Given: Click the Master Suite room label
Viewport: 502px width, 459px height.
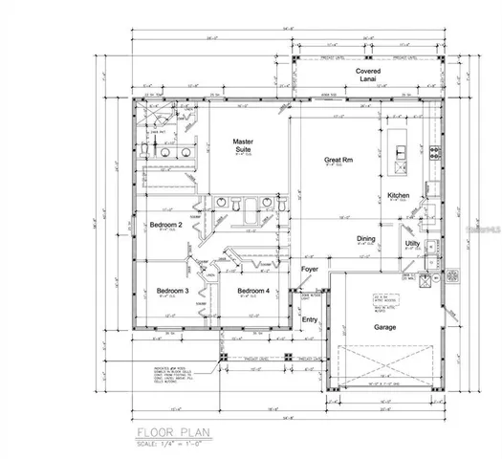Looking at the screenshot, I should (x=242, y=145).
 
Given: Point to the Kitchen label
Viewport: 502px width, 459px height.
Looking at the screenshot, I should (x=399, y=196).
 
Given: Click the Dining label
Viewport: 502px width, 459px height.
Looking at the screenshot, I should (x=365, y=239).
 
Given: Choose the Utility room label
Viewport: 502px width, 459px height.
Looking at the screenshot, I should (x=412, y=245).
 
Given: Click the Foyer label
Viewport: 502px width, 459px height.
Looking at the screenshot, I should (x=310, y=270).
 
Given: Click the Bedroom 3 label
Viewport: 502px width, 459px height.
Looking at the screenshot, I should (x=172, y=290).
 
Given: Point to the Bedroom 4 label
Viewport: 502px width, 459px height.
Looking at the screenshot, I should (x=253, y=290).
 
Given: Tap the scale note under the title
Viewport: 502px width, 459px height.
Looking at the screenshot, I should (x=172, y=443).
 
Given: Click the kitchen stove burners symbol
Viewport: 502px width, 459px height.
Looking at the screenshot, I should (x=435, y=150).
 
